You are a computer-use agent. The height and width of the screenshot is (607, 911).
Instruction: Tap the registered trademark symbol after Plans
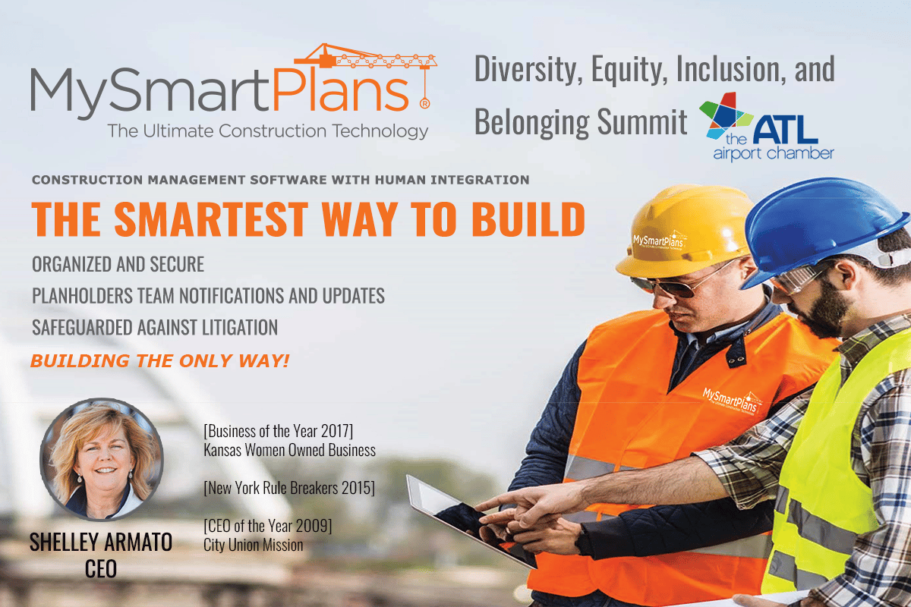(x=424, y=104)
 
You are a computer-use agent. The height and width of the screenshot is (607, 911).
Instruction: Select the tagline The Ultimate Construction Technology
(x=268, y=131)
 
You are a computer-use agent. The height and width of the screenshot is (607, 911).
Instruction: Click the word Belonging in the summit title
(x=531, y=121)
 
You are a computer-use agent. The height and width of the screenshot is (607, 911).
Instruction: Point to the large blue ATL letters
(x=785, y=129)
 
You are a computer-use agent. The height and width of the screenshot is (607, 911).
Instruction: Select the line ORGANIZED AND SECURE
(x=118, y=264)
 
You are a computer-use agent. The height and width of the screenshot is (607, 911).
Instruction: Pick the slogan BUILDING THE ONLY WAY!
(x=160, y=360)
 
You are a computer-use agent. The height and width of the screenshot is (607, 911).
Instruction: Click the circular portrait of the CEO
(x=102, y=459)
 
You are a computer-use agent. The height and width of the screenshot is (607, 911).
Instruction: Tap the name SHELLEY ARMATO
(x=101, y=542)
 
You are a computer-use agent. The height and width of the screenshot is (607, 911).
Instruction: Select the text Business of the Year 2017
(x=279, y=431)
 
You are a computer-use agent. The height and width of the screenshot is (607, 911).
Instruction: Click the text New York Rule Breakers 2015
(x=289, y=488)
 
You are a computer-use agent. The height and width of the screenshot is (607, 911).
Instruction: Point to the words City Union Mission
(x=254, y=545)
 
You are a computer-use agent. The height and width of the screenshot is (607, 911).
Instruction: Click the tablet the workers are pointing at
(x=468, y=521)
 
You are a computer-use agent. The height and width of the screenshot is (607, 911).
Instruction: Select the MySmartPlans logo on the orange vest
(x=732, y=401)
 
